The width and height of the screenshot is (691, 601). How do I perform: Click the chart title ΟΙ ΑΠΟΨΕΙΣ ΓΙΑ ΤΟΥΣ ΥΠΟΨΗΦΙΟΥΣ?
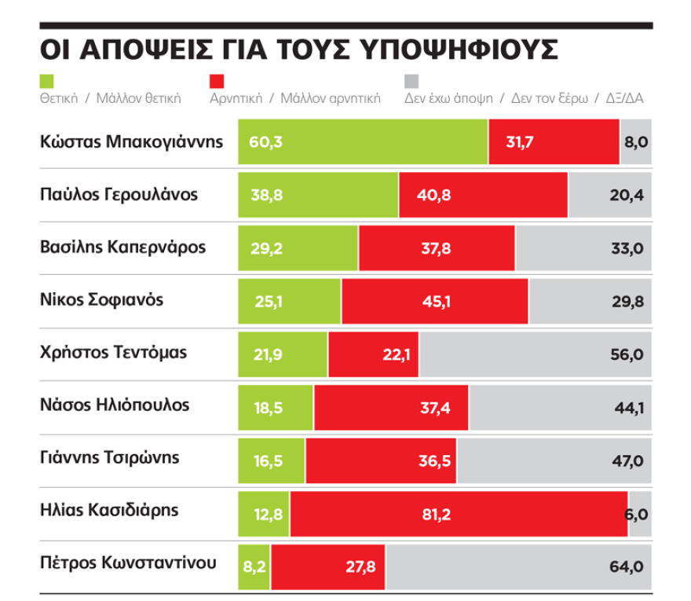pos(298,48)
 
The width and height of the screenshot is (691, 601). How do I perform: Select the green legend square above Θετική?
pos(46,81)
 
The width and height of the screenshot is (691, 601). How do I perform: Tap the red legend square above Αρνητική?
pos(218,81)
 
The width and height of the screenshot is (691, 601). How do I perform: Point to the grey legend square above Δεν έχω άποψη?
pos(411,81)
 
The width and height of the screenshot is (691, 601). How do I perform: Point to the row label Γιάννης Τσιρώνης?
pos(110,458)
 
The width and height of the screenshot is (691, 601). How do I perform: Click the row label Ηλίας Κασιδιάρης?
pos(109,511)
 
